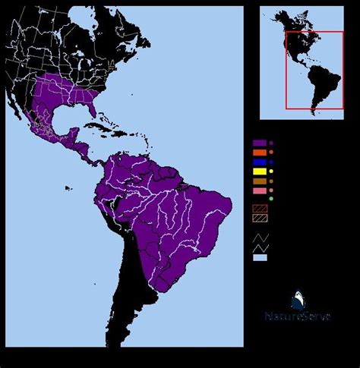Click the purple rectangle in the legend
(260, 143)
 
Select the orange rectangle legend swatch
(260, 153)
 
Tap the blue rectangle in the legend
(260, 162)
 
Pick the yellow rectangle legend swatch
(260, 171)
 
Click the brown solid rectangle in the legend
(260, 181)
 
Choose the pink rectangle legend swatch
(260, 190)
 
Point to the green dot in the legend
(271, 199)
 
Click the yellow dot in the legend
(271, 171)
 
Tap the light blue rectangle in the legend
(260, 258)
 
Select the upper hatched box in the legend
(260, 209)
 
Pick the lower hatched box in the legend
(260, 219)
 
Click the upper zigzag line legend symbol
(260, 236)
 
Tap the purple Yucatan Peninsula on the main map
(74, 137)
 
